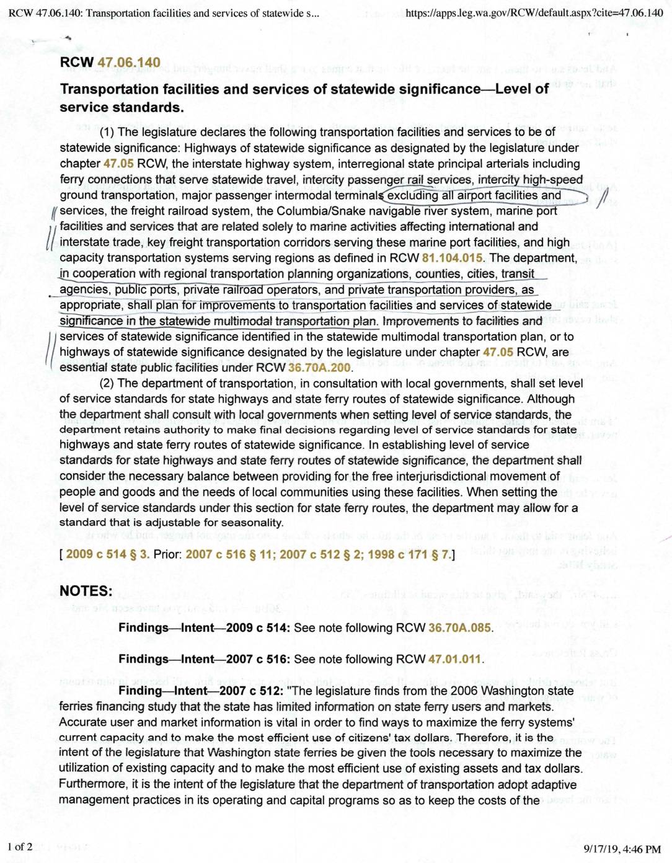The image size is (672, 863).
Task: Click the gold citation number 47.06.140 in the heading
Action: (x=129, y=63)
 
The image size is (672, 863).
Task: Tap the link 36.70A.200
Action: (x=319, y=368)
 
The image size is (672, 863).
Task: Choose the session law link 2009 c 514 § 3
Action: (x=107, y=554)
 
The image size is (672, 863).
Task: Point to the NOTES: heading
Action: (x=86, y=591)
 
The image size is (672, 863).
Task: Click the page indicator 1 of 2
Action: (x=20, y=847)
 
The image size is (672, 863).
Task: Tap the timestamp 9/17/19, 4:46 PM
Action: (x=622, y=849)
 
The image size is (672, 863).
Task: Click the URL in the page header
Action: (x=534, y=13)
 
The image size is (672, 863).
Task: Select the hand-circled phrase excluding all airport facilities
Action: (x=474, y=196)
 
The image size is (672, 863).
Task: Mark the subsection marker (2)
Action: (x=107, y=383)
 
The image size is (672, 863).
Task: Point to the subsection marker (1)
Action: (x=107, y=132)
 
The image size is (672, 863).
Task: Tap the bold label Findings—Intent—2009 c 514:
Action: (x=204, y=628)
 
